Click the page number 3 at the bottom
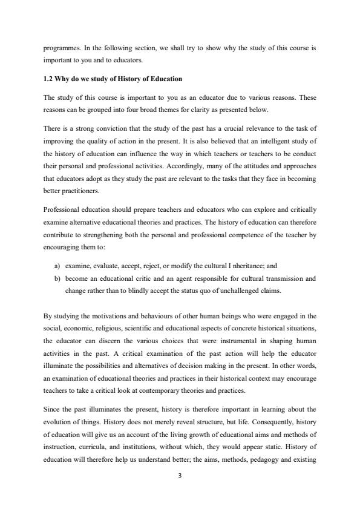(180, 475)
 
